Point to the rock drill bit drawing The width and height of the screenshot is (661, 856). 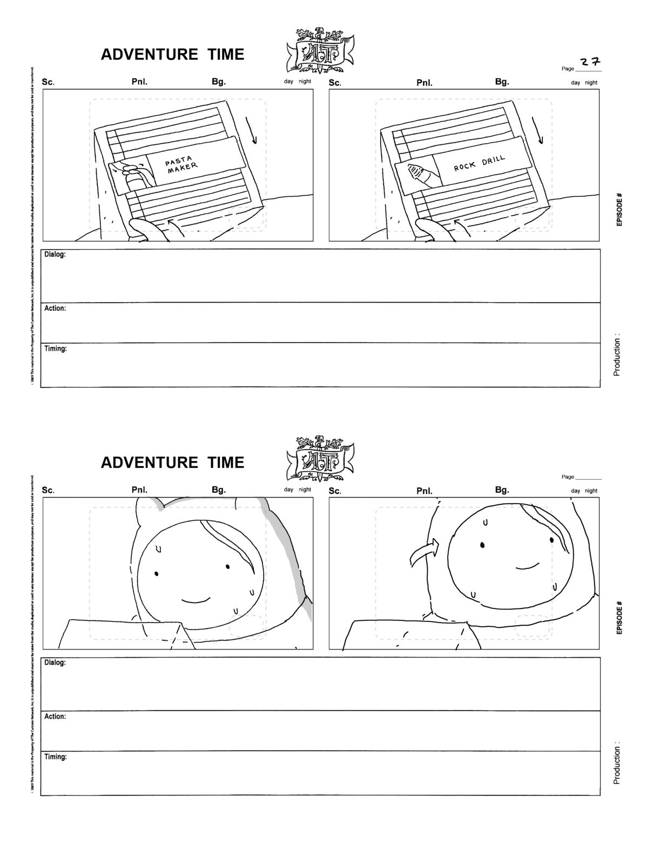tap(420, 175)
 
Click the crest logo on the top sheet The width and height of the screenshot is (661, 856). tap(320, 50)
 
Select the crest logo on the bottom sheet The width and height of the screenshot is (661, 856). tap(320, 458)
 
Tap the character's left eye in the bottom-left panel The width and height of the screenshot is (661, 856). tap(156, 573)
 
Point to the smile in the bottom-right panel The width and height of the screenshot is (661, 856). tap(527, 566)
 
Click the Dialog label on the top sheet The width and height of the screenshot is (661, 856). tap(55, 255)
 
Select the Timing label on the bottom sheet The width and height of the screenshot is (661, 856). tap(56, 757)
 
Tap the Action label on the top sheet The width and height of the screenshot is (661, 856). tap(55, 309)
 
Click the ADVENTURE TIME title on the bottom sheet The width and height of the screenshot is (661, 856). tap(172, 463)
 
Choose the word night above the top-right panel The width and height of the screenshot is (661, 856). tap(591, 83)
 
